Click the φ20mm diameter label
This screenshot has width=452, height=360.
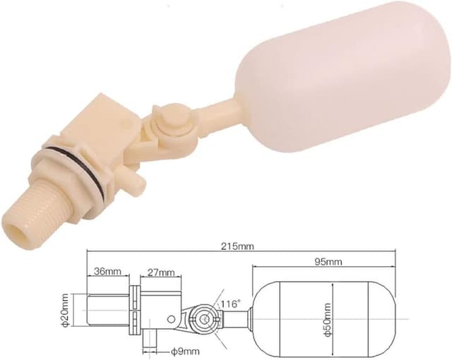65,311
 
